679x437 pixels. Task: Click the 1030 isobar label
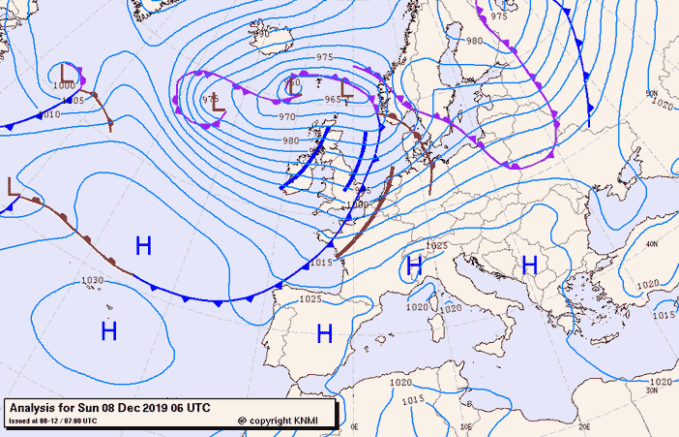[x=92, y=280]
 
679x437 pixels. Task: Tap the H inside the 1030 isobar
[x=108, y=331]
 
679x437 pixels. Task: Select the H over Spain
[x=325, y=334]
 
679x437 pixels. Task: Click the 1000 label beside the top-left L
[x=61, y=86]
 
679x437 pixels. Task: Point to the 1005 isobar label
[x=73, y=100]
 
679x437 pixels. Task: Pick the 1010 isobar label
[x=48, y=113]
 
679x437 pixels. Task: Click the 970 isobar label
[x=287, y=116]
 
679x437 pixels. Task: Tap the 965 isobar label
[x=333, y=100]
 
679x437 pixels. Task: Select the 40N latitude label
[x=652, y=243]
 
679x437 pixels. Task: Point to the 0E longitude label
[x=354, y=426]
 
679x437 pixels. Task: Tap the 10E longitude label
[x=464, y=426]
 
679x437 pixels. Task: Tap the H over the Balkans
[x=529, y=264]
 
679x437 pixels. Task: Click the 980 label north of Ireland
[x=291, y=140]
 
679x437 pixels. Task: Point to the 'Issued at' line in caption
[x=52, y=421]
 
